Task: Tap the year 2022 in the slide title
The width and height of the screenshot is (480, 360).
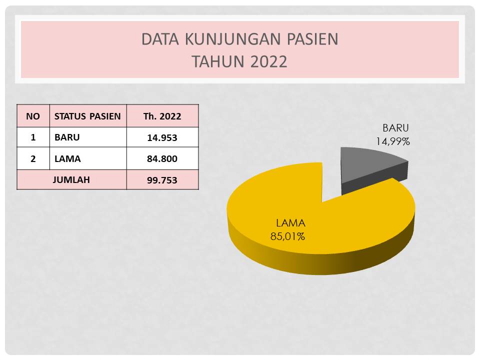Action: [x=268, y=61]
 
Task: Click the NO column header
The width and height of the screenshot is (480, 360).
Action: [x=33, y=116]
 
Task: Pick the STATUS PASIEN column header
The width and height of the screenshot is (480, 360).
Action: [x=87, y=116]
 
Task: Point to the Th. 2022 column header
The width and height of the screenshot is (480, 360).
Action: [x=162, y=116]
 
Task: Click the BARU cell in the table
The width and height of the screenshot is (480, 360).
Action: [x=67, y=137]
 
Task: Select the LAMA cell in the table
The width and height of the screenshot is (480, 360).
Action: [x=67, y=158]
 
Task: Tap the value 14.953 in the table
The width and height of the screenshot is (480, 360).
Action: [x=162, y=138]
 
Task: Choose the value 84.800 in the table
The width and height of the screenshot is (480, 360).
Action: [x=162, y=158]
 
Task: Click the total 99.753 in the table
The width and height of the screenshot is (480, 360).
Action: [x=162, y=180]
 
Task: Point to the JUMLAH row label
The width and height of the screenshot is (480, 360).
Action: [x=71, y=179]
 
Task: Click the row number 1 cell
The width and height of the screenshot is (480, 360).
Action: [x=33, y=137]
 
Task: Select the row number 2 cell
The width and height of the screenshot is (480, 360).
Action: [x=33, y=158]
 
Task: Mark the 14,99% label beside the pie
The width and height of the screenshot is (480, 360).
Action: [x=393, y=141]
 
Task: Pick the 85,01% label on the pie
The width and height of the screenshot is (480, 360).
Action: [x=288, y=236]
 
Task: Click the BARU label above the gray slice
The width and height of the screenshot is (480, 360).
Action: [x=395, y=127]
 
